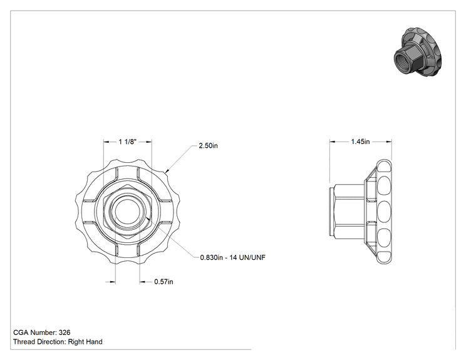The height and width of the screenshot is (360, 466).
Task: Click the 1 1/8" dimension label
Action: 127,141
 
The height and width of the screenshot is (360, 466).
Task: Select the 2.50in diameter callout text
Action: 208,145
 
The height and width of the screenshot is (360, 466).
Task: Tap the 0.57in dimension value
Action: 163,282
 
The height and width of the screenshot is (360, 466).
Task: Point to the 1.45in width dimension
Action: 360,141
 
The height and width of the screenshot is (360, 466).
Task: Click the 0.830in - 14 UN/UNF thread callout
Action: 233,257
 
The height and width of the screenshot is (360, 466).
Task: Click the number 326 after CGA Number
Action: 65,332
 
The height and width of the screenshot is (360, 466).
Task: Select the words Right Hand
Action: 85,342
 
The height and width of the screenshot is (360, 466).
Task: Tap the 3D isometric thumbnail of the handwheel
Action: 418,52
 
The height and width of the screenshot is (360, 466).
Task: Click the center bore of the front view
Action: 127,211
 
